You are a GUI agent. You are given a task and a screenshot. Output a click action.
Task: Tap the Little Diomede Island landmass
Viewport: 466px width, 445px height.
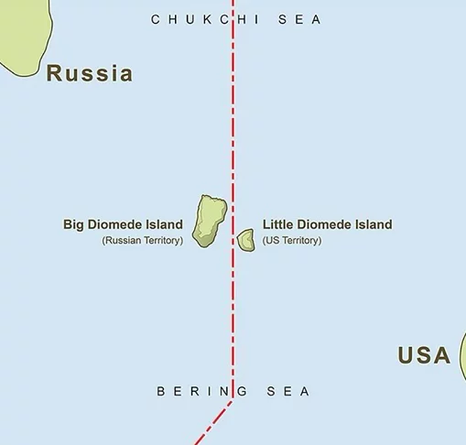coord(246,241)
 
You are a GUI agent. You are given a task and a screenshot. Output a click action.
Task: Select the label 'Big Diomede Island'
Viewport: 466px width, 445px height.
coord(123,224)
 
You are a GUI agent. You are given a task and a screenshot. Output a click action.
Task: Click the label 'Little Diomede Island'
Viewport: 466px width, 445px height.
coord(327,224)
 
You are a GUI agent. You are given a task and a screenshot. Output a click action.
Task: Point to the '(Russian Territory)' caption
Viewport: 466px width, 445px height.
coord(143,241)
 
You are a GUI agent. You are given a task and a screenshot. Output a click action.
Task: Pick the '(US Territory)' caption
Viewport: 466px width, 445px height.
coord(292,241)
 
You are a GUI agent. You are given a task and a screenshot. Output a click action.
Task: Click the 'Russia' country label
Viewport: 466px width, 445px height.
coord(90,74)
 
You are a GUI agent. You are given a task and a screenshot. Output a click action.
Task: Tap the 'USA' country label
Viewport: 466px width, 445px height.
coord(424,355)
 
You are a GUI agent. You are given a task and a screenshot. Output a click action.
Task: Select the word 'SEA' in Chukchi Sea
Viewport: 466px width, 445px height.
coord(298,19)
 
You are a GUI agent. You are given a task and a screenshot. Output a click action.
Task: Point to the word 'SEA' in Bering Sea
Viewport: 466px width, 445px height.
coord(287,391)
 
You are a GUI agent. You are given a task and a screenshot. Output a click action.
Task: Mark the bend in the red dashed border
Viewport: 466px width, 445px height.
coord(233,397)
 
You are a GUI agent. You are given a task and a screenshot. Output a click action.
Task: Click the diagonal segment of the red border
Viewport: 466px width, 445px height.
coord(214,421)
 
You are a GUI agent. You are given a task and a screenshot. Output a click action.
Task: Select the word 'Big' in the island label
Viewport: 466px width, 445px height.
coord(74,224)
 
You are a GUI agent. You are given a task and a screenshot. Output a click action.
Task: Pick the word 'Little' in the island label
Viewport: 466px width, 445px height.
coord(278,224)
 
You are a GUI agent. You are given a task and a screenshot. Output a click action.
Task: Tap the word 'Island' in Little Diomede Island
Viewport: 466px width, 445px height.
coord(372,224)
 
